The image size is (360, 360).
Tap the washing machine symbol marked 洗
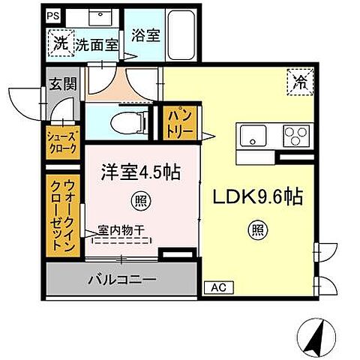(x=60, y=43)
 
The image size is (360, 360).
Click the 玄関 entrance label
(x=61, y=84)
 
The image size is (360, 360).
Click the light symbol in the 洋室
(x=139, y=200)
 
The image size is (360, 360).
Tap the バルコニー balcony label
(x=124, y=280)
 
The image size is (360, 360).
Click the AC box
(x=216, y=287)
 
